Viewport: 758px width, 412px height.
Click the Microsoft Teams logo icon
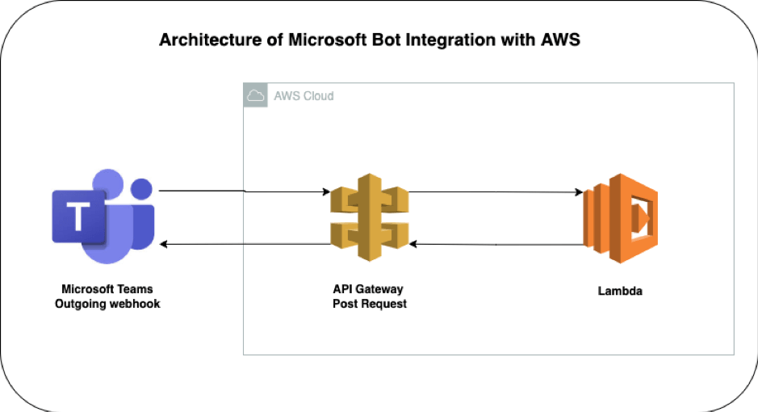click(103, 217)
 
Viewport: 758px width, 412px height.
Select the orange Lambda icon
click(621, 219)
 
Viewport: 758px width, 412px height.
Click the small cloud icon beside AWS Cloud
click(255, 95)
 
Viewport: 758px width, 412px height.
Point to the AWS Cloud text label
click(304, 96)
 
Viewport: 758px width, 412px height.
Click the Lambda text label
click(620, 292)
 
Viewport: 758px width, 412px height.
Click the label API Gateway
click(368, 289)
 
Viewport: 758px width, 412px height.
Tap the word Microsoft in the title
click(329, 40)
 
